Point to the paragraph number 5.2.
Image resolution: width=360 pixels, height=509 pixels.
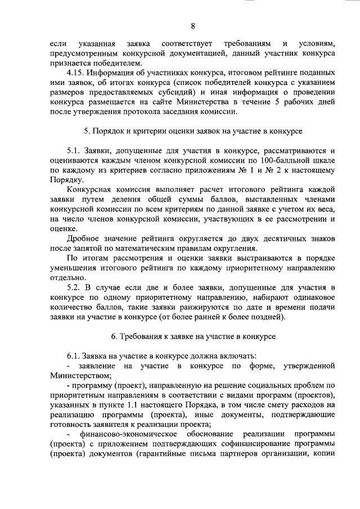[x=75, y=287]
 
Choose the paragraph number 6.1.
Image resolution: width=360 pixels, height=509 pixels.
[x=74, y=356]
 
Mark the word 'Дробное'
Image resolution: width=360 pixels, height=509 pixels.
[x=82, y=238]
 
